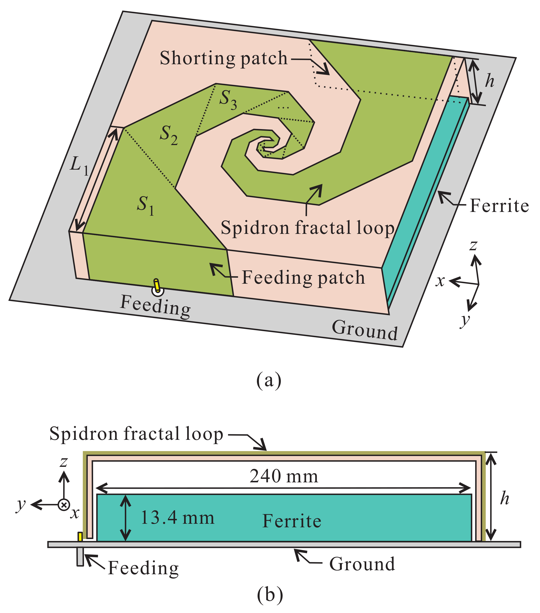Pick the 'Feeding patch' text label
point(303,277)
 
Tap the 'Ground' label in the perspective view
point(364,330)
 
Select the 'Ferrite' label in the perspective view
point(499,206)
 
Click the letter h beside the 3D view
point(490,81)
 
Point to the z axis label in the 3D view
point(473,245)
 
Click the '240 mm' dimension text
point(284,476)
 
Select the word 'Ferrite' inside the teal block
point(292,521)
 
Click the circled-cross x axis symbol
point(64,505)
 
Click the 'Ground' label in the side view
point(362,564)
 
